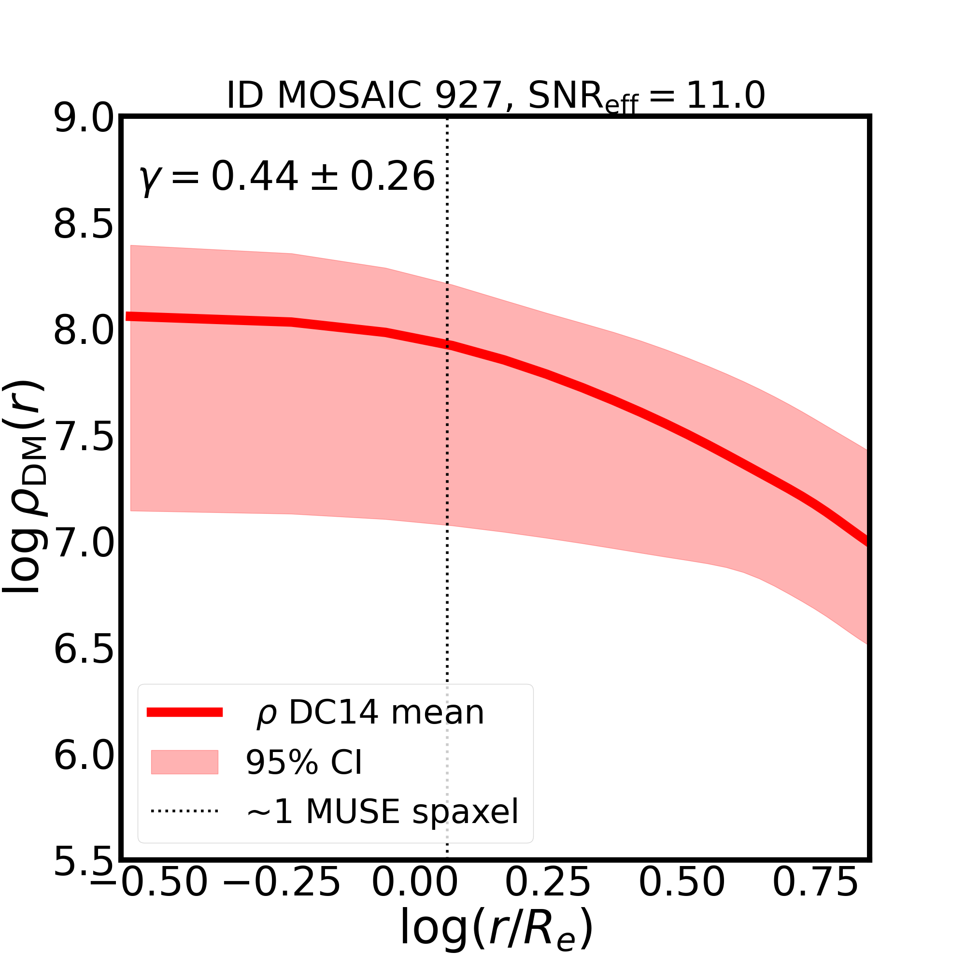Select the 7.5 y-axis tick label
84,438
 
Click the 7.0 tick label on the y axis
84,543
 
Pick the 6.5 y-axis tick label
84,650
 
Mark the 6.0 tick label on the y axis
84,756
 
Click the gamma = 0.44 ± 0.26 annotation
286,177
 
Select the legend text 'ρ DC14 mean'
370,712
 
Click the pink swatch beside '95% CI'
185,762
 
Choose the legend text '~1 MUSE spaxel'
383,811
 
